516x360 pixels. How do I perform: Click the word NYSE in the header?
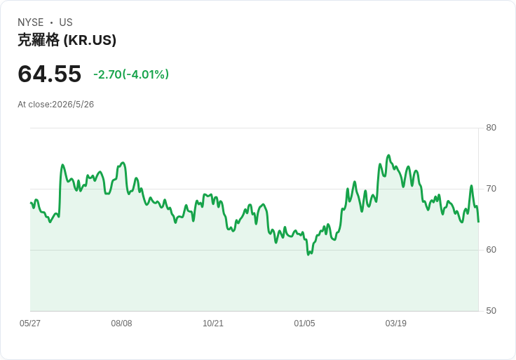point(30,22)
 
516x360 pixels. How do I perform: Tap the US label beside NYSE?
point(66,22)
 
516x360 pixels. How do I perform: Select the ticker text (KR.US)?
point(90,40)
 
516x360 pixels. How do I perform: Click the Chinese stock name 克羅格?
point(39,40)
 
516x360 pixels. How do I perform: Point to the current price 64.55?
point(49,74)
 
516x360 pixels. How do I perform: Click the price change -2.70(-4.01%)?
point(131,74)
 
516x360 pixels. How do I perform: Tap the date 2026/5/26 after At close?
point(73,105)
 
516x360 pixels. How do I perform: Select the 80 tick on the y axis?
point(491,128)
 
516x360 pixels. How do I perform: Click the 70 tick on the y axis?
point(491,189)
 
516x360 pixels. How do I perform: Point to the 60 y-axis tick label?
point(491,250)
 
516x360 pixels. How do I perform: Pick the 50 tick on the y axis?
point(491,311)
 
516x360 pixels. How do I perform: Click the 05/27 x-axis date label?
point(30,324)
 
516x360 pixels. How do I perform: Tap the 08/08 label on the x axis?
point(121,324)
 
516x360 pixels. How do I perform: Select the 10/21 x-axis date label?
point(213,324)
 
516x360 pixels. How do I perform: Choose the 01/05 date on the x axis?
point(304,324)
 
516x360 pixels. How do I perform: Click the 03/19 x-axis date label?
point(396,324)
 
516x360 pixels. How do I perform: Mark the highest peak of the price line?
point(388,155)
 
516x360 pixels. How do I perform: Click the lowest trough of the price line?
point(308,255)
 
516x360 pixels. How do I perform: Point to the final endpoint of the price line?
point(478,222)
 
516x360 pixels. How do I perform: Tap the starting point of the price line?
point(31,203)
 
